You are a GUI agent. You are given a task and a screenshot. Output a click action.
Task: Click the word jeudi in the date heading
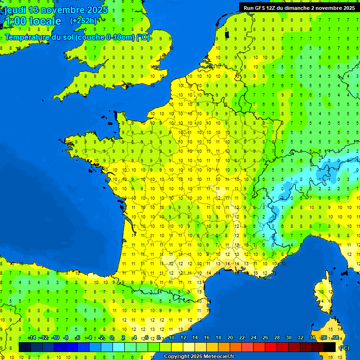pyautogui.click(x=15, y=10)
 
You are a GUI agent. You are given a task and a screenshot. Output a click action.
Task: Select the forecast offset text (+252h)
pyautogui.click(x=83, y=21)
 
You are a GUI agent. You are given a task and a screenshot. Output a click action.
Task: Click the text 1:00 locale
pyautogui.click(x=32, y=21)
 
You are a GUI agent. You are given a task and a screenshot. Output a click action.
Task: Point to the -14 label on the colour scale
pyautogui.click(x=32, y=338)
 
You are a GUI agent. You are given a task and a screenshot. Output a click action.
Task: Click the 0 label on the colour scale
pyautogui.click(x=112, y=338)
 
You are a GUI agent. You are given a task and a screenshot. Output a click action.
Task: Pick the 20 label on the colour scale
pyautogui.click(x=230, y=338)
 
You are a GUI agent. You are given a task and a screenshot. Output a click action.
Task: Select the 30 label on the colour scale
pyautogui.click(x=288, y=338)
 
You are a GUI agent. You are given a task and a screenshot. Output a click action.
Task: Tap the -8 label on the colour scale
pyautogui.click(x=66, y=338)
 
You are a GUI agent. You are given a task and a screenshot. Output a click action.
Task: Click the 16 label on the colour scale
pyautogui.click(x=206, y=338)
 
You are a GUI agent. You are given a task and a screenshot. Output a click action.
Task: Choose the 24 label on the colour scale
pyautogui.click(x=253, y=338)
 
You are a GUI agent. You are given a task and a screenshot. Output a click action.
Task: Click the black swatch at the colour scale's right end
pyautogui.click(x=330, y=347)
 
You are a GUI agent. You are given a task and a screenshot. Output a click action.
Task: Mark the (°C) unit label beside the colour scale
pyautogui.click(x=344, y=347)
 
